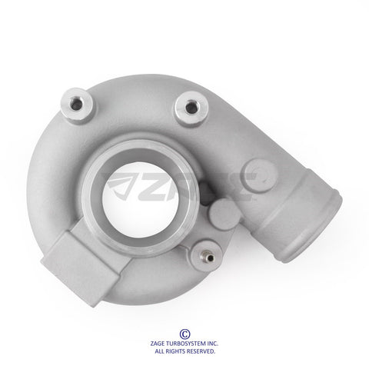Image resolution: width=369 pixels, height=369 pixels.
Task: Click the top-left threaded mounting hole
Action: pyautogui.click(x=76, y=105)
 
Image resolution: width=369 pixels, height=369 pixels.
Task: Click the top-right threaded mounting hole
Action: pyautogui.click(x=191, y=108)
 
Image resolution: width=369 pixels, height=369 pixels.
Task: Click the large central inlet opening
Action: pyautogui.click(x=141, y=200)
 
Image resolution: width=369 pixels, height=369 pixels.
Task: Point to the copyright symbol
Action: pyautogui.click(x=184, y=334)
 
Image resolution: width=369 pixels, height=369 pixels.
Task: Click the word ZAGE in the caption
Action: pyautogui.click(x=158, y=344)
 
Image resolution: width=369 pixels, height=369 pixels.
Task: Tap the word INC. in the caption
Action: pyautogui.click(x=213, y=344)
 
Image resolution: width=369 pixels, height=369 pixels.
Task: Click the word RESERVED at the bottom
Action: pyautogui.click(x=201, y=351)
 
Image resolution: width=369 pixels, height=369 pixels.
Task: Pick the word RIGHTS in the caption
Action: pyautogui.click(x=175, y=351)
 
